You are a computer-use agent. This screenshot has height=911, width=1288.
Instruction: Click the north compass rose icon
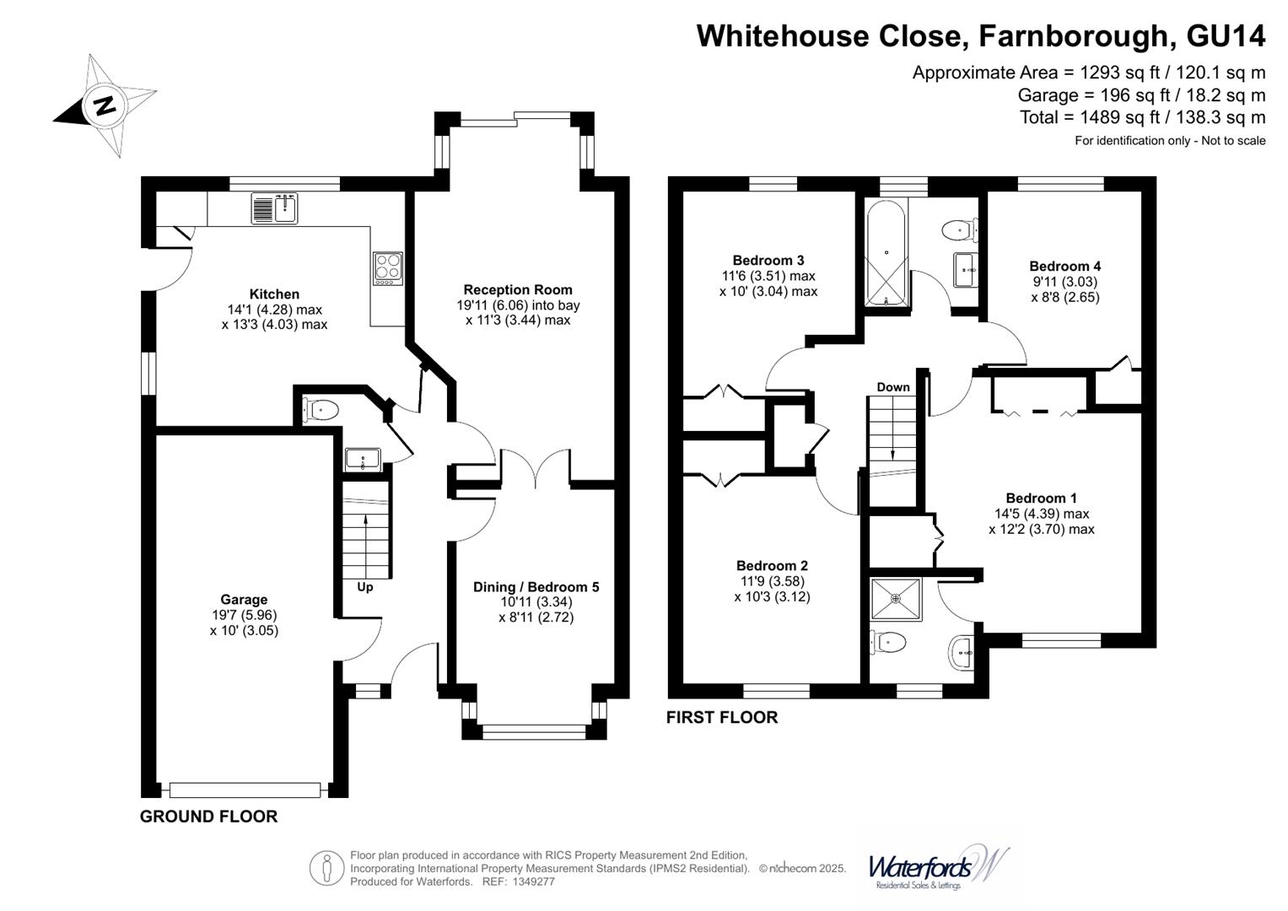105,106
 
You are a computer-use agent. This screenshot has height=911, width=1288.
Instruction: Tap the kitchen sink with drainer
275,208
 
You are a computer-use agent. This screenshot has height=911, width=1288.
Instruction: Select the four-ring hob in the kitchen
387,268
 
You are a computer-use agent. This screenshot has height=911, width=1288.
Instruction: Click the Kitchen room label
274,294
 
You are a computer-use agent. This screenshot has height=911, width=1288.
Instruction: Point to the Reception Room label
517,290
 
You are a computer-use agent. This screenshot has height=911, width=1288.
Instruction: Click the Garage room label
244,600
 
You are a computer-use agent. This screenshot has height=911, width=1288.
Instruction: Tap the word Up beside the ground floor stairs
364,587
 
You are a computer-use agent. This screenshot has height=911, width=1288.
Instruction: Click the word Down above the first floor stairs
892,387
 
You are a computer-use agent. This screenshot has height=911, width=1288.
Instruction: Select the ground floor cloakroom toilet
321,410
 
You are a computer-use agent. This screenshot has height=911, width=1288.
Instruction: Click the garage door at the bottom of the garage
245,790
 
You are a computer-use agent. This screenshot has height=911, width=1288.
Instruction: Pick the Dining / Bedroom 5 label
536,587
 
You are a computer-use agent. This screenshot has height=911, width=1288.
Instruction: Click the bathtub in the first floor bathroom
886,252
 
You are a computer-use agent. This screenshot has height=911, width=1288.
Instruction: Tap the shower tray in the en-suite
896,599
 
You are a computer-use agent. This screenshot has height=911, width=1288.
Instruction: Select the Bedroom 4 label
1064,267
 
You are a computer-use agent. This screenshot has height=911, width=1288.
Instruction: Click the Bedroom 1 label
1041,499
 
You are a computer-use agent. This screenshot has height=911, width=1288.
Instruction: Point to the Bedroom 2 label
772,566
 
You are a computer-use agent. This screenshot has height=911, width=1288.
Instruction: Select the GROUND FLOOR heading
208,817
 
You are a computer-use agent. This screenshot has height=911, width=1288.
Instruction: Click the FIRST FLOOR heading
721,718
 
